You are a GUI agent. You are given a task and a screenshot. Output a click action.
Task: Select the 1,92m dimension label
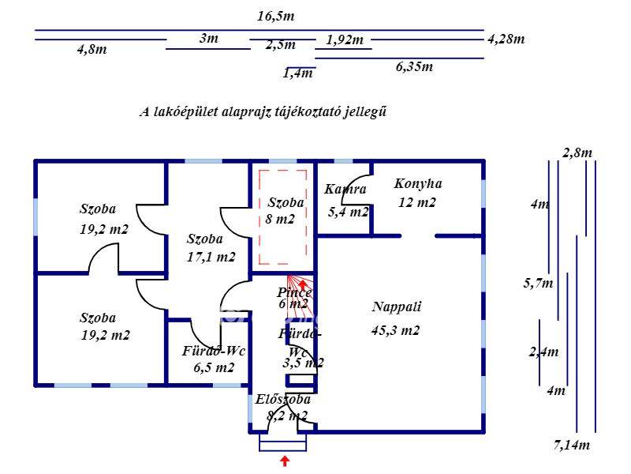click(x=345, y=40)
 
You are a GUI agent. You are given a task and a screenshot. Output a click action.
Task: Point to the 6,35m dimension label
click(x=414, y=66)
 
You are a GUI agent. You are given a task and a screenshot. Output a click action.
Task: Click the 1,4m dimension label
click(x=298, y=73)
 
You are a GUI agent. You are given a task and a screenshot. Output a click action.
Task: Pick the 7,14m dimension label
click(x=572, y=446)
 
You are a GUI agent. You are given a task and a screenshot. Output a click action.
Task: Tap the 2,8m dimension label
click(x=577, y=152)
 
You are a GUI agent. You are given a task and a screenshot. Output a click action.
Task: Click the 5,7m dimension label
click(x=539, y=283)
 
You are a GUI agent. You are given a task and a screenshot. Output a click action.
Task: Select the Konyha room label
click(x=418, y=184)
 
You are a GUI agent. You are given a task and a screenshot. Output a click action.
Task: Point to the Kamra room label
click(x=345, y=190)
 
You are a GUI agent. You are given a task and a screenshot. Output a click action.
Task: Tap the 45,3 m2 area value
click(x=395, y=331)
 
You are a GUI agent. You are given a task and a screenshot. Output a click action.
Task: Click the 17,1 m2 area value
click(x=211, y=257)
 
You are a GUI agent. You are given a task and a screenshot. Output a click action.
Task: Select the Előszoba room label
click(x=283, y=400)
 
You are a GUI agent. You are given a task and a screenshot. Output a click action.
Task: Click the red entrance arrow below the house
click(x=285, y=462)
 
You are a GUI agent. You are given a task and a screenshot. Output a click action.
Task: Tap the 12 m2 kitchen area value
click(x=417, y=202)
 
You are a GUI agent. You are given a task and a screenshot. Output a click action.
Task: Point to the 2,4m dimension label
click(x=543, y=352)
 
